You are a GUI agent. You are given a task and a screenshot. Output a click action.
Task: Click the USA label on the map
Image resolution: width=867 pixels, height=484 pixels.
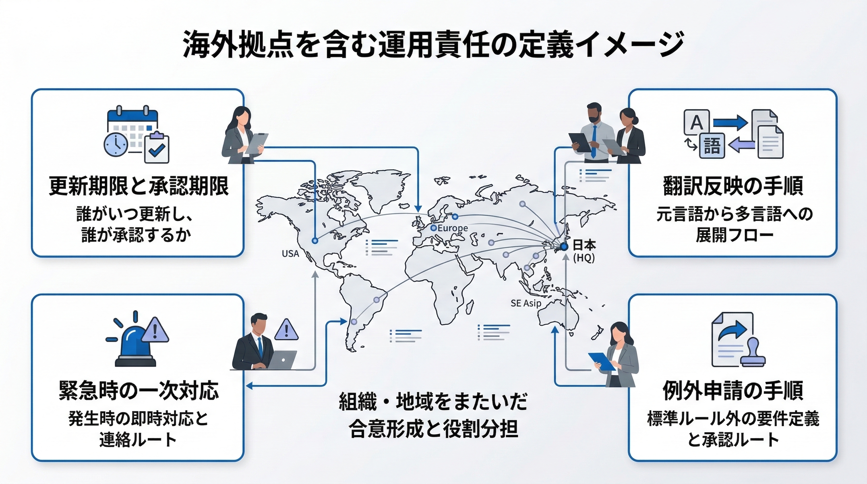click(x=290, y=253)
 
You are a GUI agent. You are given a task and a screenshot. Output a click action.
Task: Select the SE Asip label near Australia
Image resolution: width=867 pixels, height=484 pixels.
click(x=526, y=303)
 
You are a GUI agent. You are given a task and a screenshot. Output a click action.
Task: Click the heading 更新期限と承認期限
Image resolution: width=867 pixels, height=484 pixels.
click(x=138, y=186)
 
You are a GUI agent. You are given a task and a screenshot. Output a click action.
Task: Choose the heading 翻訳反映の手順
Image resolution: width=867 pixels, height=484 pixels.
click(x=733, y=186)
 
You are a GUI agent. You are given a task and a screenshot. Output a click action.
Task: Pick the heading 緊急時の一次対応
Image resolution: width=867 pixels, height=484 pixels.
click(x=138, y=391)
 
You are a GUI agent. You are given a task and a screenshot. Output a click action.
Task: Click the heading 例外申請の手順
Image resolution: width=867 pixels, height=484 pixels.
click(x=733, y=391)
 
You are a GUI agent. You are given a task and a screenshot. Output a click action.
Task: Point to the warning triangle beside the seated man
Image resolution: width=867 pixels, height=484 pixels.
click(x=286, y=330)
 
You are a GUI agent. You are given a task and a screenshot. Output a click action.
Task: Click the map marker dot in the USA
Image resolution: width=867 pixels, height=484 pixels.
click(x=315, y=241)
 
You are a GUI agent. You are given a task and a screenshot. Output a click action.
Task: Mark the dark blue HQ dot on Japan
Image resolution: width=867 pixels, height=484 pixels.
click(x=564, y=247)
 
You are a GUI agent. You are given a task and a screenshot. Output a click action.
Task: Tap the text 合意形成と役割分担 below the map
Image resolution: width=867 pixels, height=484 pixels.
click(x=433, y=429)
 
